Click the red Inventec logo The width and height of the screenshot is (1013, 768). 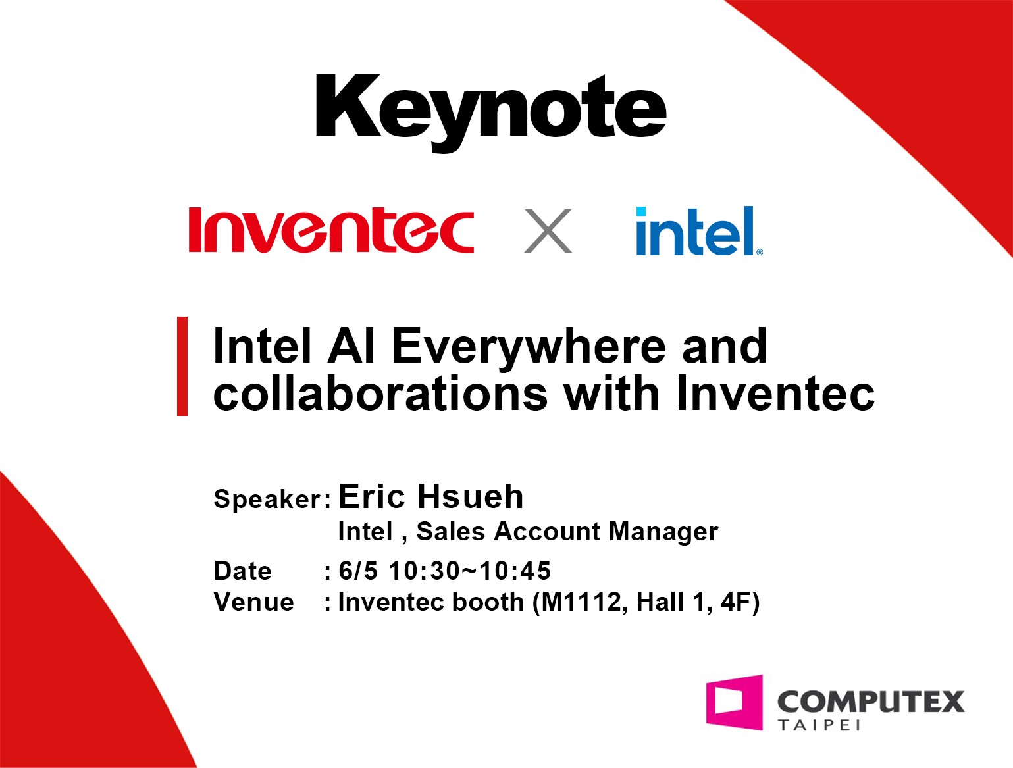click(x=331, y=230)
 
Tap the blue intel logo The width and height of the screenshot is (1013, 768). click(x=699, y=230)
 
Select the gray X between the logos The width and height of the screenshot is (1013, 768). click(x=548, y=230)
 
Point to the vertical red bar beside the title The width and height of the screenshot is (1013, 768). click(x=182, y=367)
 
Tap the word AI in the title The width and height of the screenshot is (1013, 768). click(x=351, y=346)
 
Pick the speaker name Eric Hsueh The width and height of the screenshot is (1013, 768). click(x=431, y=497)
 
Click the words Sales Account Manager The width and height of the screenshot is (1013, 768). click(x=567, y=531)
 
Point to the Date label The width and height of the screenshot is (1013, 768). click(x=243, y=571)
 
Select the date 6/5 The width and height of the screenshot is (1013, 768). click(x=358, y=571)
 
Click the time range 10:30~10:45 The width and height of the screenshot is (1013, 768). click(x=470, y=571)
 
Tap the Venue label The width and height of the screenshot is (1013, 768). click(x=253, y=602)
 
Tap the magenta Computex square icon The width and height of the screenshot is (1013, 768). click(x=735, y=702)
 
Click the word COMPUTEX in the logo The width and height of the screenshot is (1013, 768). click(x=871, y=702)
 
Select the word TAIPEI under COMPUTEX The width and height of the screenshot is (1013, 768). click(x=819, y=725)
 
